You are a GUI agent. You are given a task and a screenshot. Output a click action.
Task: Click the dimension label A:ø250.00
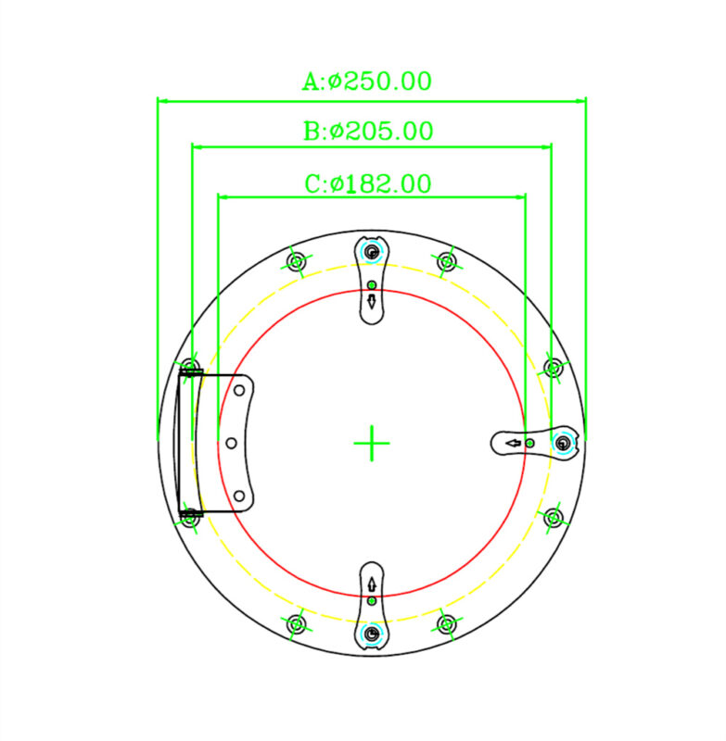tap(367, 82)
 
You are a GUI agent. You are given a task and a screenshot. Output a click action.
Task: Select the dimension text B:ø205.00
tap(368, 131)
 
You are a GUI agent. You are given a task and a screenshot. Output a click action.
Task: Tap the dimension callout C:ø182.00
tap(368, 183)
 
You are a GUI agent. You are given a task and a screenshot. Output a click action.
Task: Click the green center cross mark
tap(372, 444)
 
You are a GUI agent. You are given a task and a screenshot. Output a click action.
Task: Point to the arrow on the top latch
tap(372, 302)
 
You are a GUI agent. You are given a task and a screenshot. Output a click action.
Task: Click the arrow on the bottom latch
tap(372, 585)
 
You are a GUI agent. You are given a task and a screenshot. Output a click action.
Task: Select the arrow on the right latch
tap(513, 444)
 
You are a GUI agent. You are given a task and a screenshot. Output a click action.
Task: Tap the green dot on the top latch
tap(372, 285)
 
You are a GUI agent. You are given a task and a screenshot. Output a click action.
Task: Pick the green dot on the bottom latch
tap(372, 601)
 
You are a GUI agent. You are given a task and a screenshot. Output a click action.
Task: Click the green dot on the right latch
tap(530, 444)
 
